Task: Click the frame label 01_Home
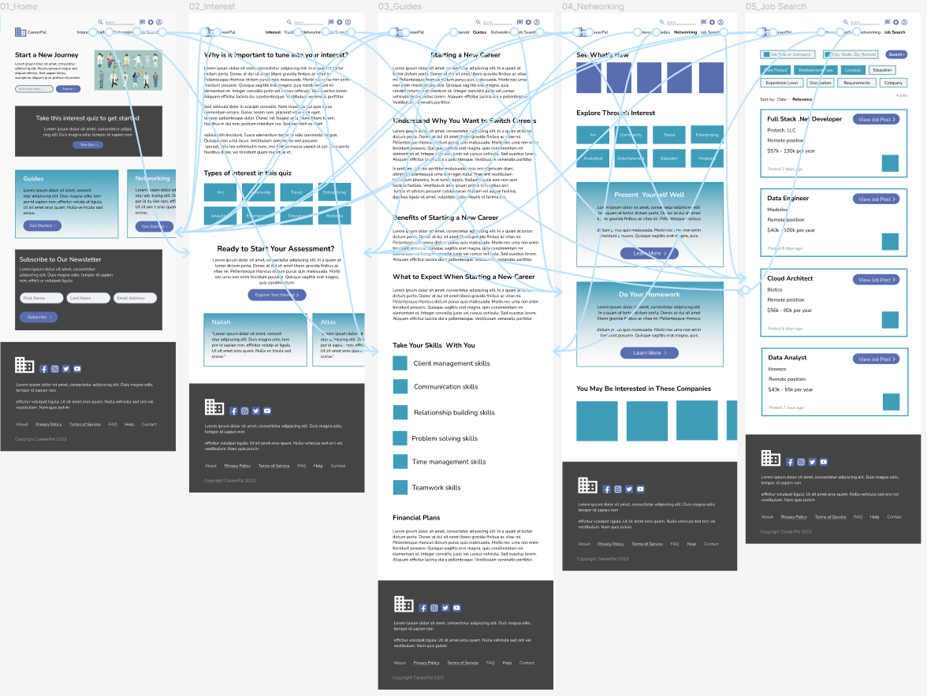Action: [19, 6]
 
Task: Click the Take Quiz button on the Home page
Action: [87, 145]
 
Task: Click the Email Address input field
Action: [135, 298]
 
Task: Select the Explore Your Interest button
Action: [276, 295]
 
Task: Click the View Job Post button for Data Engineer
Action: [876, 199]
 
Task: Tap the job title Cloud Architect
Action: [790, 278]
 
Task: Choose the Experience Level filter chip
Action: [781, 83]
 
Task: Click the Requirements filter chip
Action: [856, 83]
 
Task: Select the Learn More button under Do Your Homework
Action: [649, 353]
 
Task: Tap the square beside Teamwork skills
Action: [400, 488]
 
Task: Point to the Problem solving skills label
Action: [445, 438]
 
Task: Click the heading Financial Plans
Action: [416, 518]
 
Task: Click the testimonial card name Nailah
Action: [222, 322]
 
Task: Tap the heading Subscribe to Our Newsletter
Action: [60, 259]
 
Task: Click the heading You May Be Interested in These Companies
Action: [643, 389]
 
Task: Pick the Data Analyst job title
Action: [787, 358]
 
